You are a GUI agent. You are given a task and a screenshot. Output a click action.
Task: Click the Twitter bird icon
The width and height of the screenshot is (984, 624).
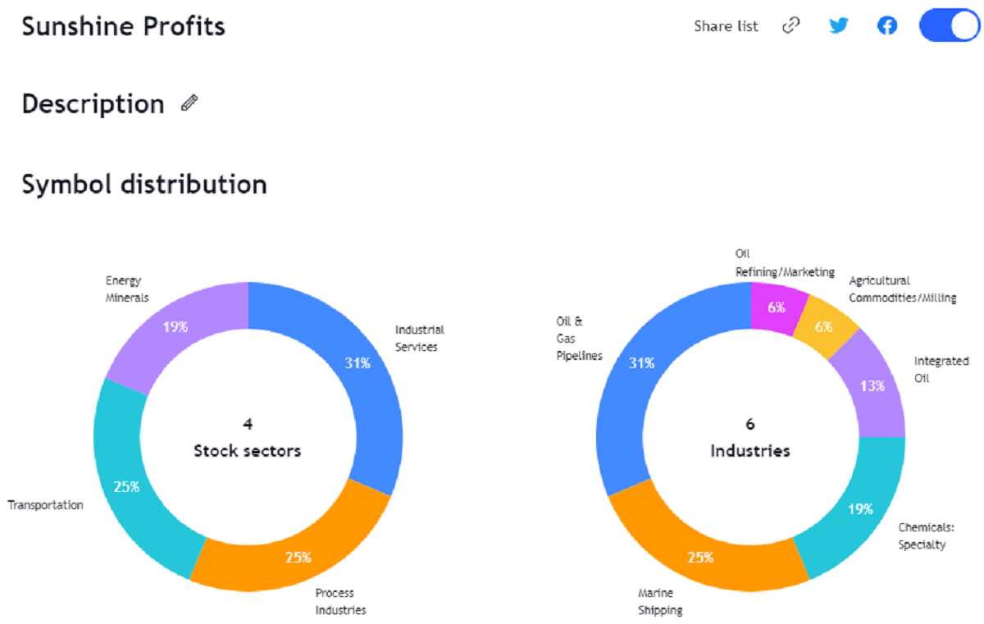(838, 25)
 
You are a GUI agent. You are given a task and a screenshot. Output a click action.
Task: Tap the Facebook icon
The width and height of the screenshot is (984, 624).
(886, 25)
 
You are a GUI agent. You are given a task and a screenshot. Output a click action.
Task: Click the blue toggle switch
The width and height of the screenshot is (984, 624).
(950, 25)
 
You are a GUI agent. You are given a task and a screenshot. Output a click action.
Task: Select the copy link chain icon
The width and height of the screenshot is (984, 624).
(790, 25)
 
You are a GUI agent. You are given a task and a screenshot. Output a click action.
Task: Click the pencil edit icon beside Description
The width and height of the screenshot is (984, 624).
(189, 103)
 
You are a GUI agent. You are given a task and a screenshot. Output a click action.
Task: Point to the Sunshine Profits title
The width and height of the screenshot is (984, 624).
(123, 26)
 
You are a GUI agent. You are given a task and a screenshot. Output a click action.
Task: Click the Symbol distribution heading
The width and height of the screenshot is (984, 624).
(144, 184)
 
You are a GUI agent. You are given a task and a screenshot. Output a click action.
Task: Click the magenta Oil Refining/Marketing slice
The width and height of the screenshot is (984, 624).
(776, 307)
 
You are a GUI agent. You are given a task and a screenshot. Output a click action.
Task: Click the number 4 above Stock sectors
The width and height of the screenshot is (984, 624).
(247, 424)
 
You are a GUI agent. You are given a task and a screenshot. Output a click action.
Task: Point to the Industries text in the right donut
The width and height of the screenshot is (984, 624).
(749, 450)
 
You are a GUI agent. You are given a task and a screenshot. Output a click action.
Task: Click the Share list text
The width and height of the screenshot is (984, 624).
(726, 26)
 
